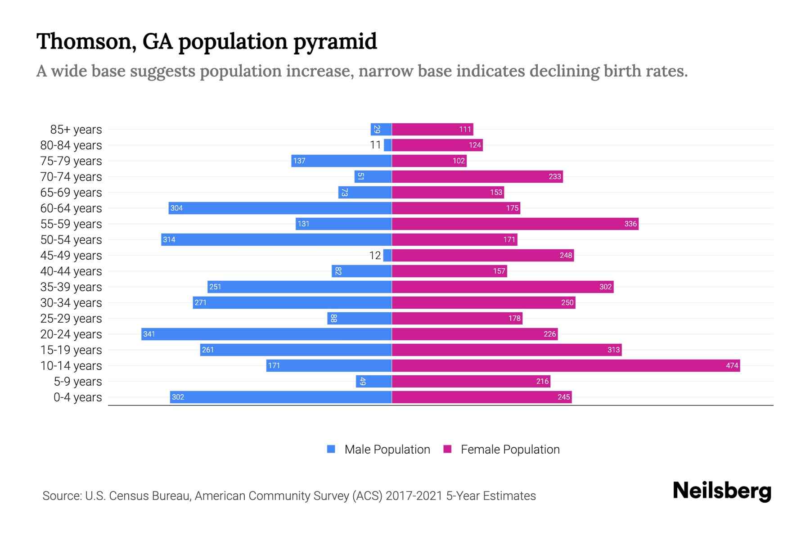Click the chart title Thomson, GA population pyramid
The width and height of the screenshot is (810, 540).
[206, 41]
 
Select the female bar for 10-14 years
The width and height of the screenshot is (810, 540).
[566, 365]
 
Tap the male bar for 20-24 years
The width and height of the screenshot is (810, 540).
[266, 334]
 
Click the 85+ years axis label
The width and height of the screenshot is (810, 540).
[76, 130]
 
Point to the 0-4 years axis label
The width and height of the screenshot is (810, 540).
[77, 397]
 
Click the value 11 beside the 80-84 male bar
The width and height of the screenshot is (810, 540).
[375, 145]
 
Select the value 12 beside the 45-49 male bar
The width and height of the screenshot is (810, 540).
[375, 256]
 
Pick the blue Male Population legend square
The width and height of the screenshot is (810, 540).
[331, 449]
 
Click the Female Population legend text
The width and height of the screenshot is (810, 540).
[510, 450]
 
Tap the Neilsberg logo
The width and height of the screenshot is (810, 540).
[722, 491]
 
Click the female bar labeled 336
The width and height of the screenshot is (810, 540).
[515, 224]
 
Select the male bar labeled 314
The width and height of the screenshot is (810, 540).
[276, 239]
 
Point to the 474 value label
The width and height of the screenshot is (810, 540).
[732, 366]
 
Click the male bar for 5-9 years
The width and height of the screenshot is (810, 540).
[373, 381]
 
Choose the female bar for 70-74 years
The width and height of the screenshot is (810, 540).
[477, 176]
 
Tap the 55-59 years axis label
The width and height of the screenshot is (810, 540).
[71, 224]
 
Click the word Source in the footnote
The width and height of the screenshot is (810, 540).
[61, 496]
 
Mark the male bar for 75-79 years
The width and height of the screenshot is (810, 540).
[341, 161]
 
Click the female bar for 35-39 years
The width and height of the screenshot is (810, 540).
[503, 287]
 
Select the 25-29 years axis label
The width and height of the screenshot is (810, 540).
[71, 319]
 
